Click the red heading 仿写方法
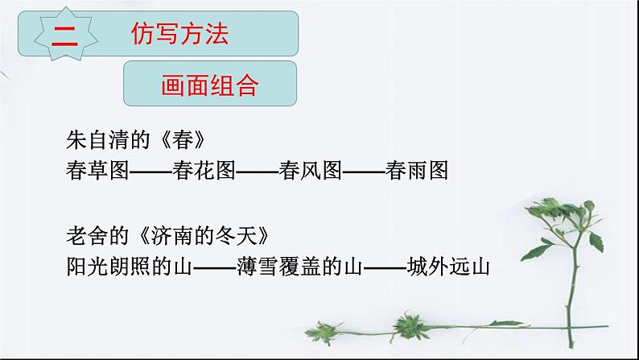click(179, 34)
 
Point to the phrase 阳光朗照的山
click(129, 265)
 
